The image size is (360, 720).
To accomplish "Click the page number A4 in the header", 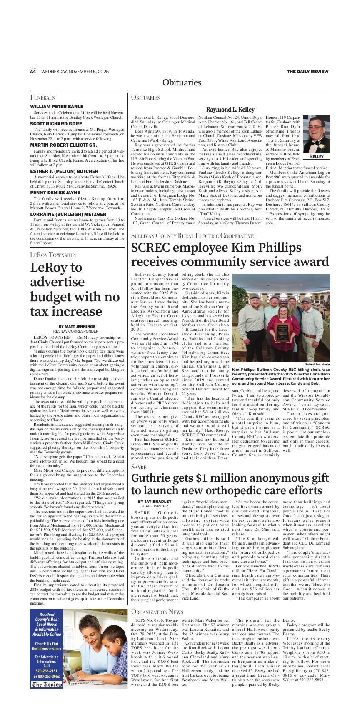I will pos(33,72).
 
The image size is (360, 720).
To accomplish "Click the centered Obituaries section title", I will pos(182,82).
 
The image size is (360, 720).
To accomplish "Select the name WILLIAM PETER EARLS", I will pos(57,107).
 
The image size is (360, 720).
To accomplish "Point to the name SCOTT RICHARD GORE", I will pos(56,124).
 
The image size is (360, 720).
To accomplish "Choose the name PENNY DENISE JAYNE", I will pos(55,192).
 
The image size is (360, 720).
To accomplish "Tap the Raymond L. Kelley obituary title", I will pos(230,110).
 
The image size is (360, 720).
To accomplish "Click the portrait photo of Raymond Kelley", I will pos(316,135).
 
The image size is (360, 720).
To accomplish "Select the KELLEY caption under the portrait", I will pos(316,157).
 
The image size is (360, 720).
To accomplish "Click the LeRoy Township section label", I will pos(52,255).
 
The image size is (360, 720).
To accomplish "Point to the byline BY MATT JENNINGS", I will pos(77,326).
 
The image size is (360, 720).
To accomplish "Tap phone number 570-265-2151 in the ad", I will pos(47,671).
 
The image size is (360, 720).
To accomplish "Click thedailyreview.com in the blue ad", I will pos(47,649).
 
